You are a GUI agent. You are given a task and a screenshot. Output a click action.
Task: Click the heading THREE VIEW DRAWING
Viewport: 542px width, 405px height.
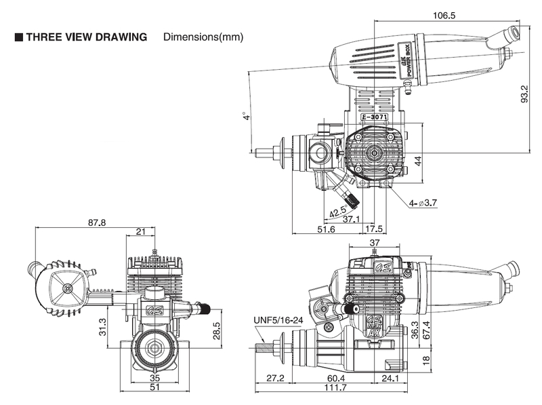[87, 37]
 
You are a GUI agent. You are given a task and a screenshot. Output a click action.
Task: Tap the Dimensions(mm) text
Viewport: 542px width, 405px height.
[203, 37]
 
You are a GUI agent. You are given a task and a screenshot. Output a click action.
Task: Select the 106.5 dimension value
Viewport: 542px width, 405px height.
[444, 16]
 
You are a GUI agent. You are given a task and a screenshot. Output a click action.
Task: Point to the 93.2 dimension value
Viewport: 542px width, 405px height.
[524, 94]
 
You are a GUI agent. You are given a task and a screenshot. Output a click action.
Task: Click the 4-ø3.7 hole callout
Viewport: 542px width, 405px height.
[423, 204]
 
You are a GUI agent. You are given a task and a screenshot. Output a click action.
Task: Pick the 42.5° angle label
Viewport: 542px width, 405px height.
[338, 212]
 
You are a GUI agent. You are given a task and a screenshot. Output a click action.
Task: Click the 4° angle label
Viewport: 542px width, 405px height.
[246, 116]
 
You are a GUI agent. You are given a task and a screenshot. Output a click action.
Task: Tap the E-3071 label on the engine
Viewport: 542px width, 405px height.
[375, 117]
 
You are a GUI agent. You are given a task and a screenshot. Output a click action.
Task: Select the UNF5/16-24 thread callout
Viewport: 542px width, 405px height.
[278, 320]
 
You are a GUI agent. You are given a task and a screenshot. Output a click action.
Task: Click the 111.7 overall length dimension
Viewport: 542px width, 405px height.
[335, 387]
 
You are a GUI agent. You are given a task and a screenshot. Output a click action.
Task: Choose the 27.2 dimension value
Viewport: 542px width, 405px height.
[275, 378]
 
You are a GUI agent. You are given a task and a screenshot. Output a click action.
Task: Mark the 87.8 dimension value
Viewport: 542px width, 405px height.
[97, 223]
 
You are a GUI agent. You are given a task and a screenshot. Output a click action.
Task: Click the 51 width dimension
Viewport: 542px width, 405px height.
[154, 387]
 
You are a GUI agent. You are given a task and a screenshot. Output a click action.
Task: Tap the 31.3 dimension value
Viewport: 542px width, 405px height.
[103, 327]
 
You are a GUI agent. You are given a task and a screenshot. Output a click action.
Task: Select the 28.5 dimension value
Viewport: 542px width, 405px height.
[217, 330]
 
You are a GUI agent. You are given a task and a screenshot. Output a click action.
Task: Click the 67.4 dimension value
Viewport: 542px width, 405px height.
[426, 330]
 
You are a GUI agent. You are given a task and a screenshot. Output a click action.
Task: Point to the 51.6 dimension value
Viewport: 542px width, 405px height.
[326, 229]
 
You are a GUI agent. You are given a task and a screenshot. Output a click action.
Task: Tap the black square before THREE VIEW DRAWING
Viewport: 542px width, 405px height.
[19, 37]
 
